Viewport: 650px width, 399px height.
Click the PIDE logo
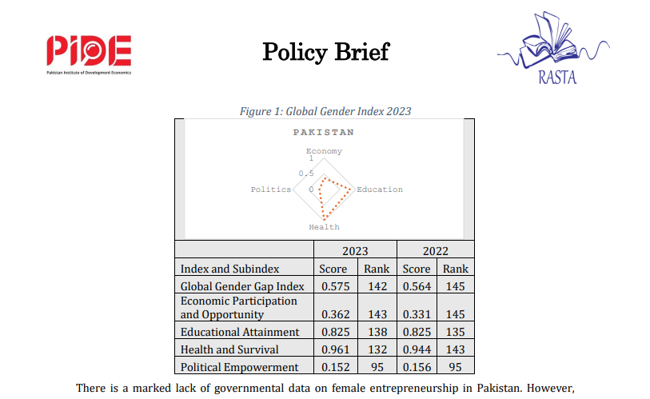point(88,55)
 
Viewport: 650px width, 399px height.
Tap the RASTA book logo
point(552,49)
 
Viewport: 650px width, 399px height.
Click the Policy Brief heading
point(325,52)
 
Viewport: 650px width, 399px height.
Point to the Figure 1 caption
point(325,111)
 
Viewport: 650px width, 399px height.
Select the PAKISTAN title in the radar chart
point(323,132)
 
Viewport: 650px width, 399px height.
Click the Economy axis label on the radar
point(324,151)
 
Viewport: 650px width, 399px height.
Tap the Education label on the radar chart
point(380,190)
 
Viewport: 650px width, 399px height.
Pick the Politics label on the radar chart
point(270,190)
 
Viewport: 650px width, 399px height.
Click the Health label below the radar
point(324,227)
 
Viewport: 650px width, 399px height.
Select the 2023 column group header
point(355,250)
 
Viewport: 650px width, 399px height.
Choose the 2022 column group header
point(436,250)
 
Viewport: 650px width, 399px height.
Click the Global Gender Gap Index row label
point(243,286)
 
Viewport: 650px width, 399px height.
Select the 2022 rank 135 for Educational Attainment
point(456,331)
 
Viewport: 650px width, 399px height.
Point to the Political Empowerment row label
point(240,367)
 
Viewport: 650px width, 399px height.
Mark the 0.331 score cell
point(416,314)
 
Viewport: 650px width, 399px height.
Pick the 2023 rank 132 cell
point(376,349)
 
